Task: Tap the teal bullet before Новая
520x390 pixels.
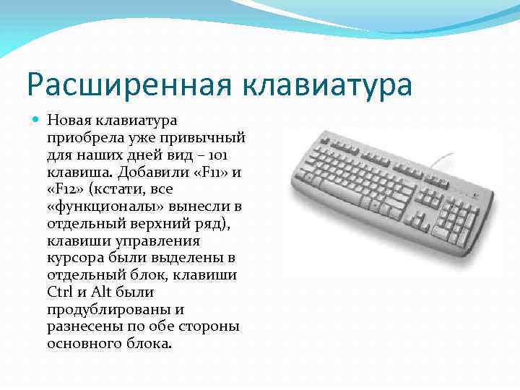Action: click(x=37, y=119)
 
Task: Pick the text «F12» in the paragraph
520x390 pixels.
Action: click(x=66, y=188)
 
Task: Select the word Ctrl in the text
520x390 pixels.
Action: click(x=59, y=292)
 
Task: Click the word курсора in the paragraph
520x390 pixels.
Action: click(x=75, y=257)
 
